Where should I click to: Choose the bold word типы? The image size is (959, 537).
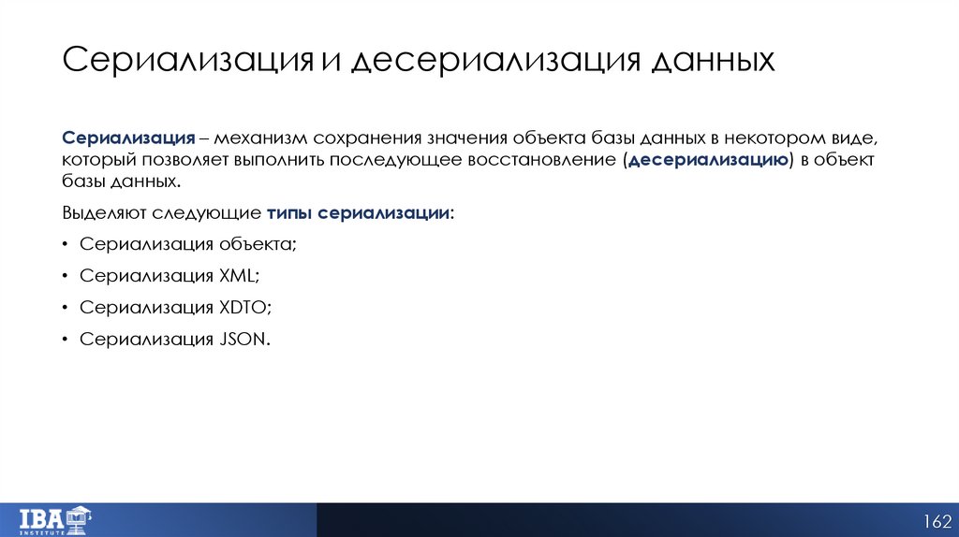pos(289,212)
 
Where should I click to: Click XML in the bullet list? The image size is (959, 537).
pos(238,276)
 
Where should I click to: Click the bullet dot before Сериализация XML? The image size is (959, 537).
pos(66,276)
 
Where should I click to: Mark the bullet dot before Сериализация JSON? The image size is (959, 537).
pos(66,339)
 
